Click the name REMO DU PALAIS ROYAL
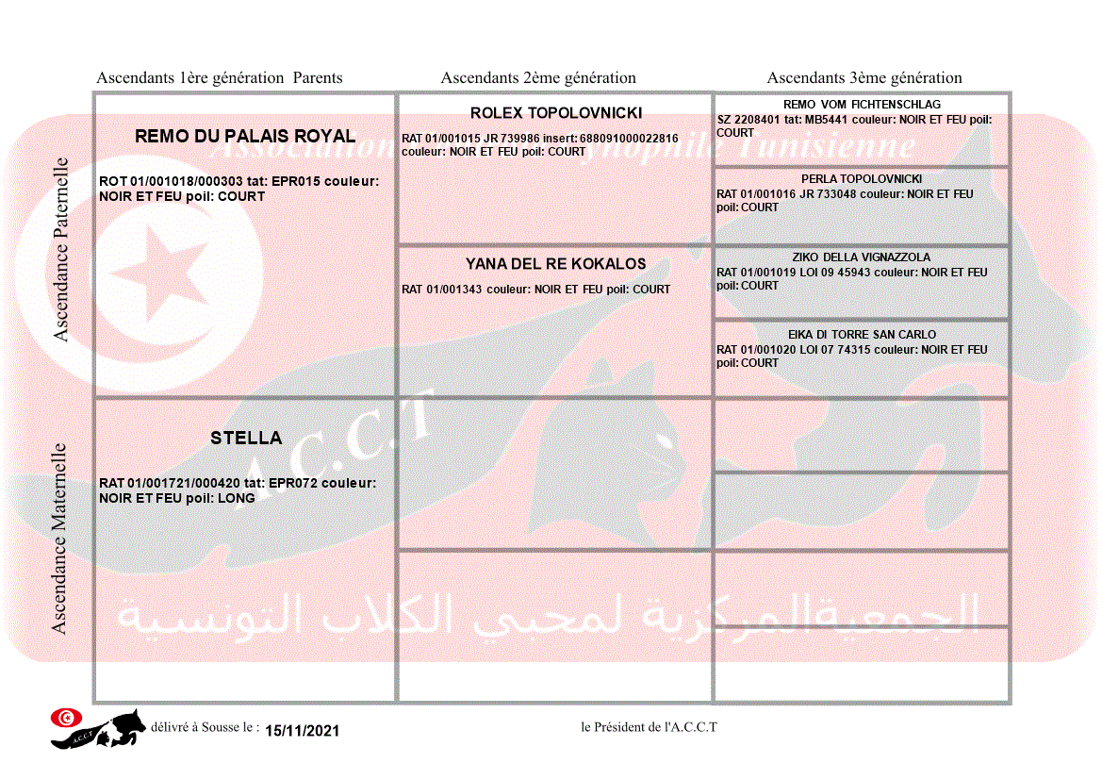245,136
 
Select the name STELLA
245,438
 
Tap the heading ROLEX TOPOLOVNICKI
555,113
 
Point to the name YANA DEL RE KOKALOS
555,264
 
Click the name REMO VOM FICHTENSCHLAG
862,105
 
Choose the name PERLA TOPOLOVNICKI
862,179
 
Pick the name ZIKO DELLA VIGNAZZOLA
862,257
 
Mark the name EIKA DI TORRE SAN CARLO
862,335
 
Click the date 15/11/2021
302,731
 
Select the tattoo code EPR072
294,483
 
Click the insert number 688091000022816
628,139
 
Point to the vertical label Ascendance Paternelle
61,249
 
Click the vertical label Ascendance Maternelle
59,538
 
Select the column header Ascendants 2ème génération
538,78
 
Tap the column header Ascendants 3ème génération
864,78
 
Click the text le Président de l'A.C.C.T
649,727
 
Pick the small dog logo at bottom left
99,728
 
